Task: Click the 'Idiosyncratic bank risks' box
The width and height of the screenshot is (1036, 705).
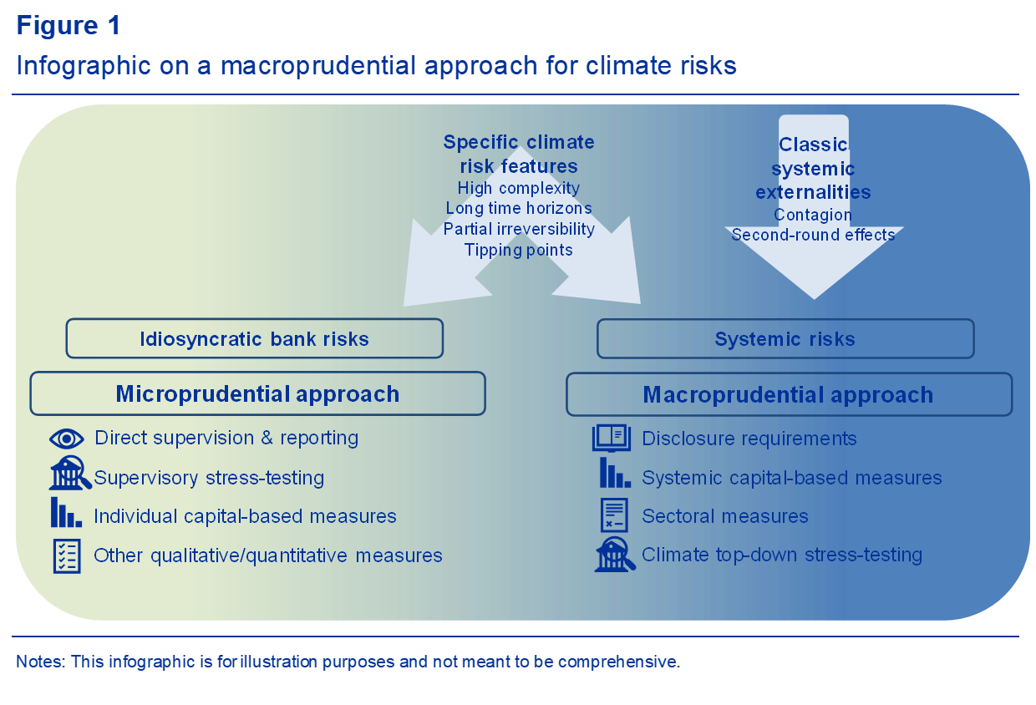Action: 254,338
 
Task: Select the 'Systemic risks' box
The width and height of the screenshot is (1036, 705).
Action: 785,338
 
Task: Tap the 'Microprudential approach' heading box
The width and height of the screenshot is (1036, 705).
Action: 257,393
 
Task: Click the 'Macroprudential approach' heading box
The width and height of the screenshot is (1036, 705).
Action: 788,394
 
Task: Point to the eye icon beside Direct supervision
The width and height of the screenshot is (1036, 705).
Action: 67,439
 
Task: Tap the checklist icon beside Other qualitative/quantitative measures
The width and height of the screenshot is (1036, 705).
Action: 67,555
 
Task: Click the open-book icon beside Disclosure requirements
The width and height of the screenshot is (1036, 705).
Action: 612,438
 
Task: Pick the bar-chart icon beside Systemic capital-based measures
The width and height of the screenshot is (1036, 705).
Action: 614,474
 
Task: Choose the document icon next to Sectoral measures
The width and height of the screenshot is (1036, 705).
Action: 614,515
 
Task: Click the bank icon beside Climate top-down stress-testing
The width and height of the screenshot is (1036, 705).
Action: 614,555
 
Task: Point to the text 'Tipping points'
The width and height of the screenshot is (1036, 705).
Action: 519,250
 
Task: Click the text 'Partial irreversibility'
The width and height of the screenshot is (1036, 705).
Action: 519,229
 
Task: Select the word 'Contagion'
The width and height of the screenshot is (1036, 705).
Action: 813,215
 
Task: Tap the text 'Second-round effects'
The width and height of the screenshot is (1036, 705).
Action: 813,235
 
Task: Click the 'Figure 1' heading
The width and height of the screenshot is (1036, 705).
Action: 69,26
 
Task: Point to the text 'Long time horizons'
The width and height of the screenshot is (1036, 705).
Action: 519,208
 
